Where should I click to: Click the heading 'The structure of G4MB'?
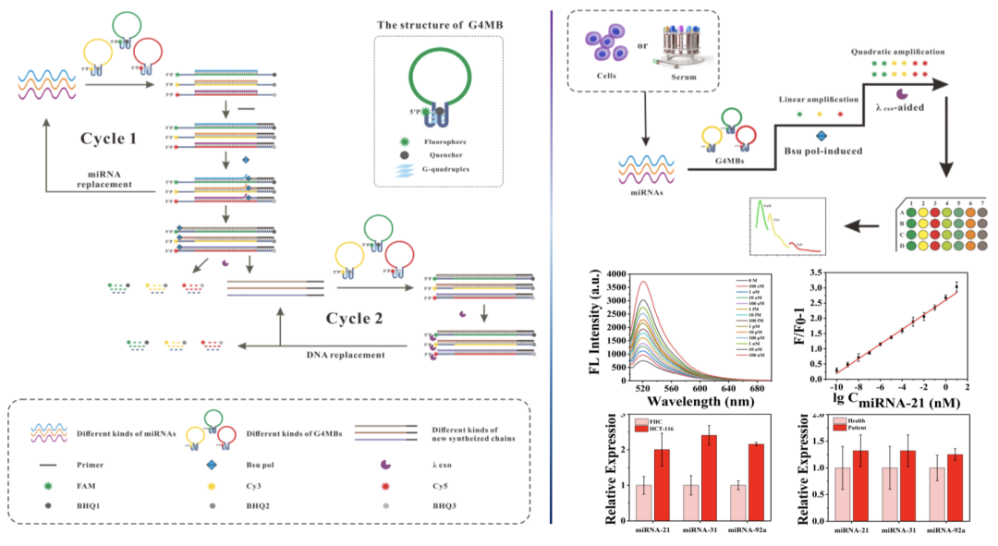pos(438,22)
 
